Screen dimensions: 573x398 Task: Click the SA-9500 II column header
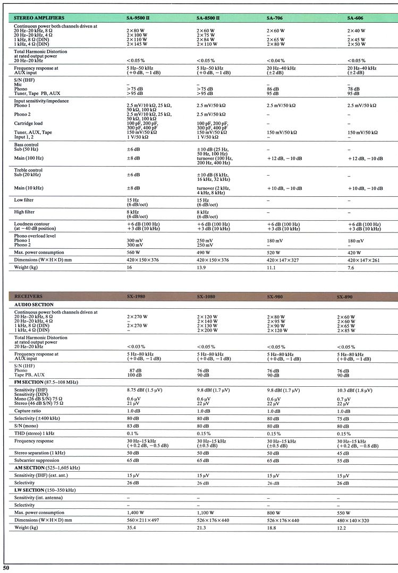pos(138,18)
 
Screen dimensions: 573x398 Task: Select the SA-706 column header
pos(274,18)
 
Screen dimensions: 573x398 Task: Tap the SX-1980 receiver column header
pos(137,296)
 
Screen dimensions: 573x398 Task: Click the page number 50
pos(6,568)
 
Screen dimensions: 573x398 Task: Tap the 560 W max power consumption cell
pos(133,252)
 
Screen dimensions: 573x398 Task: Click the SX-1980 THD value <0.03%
pos(136,346)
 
